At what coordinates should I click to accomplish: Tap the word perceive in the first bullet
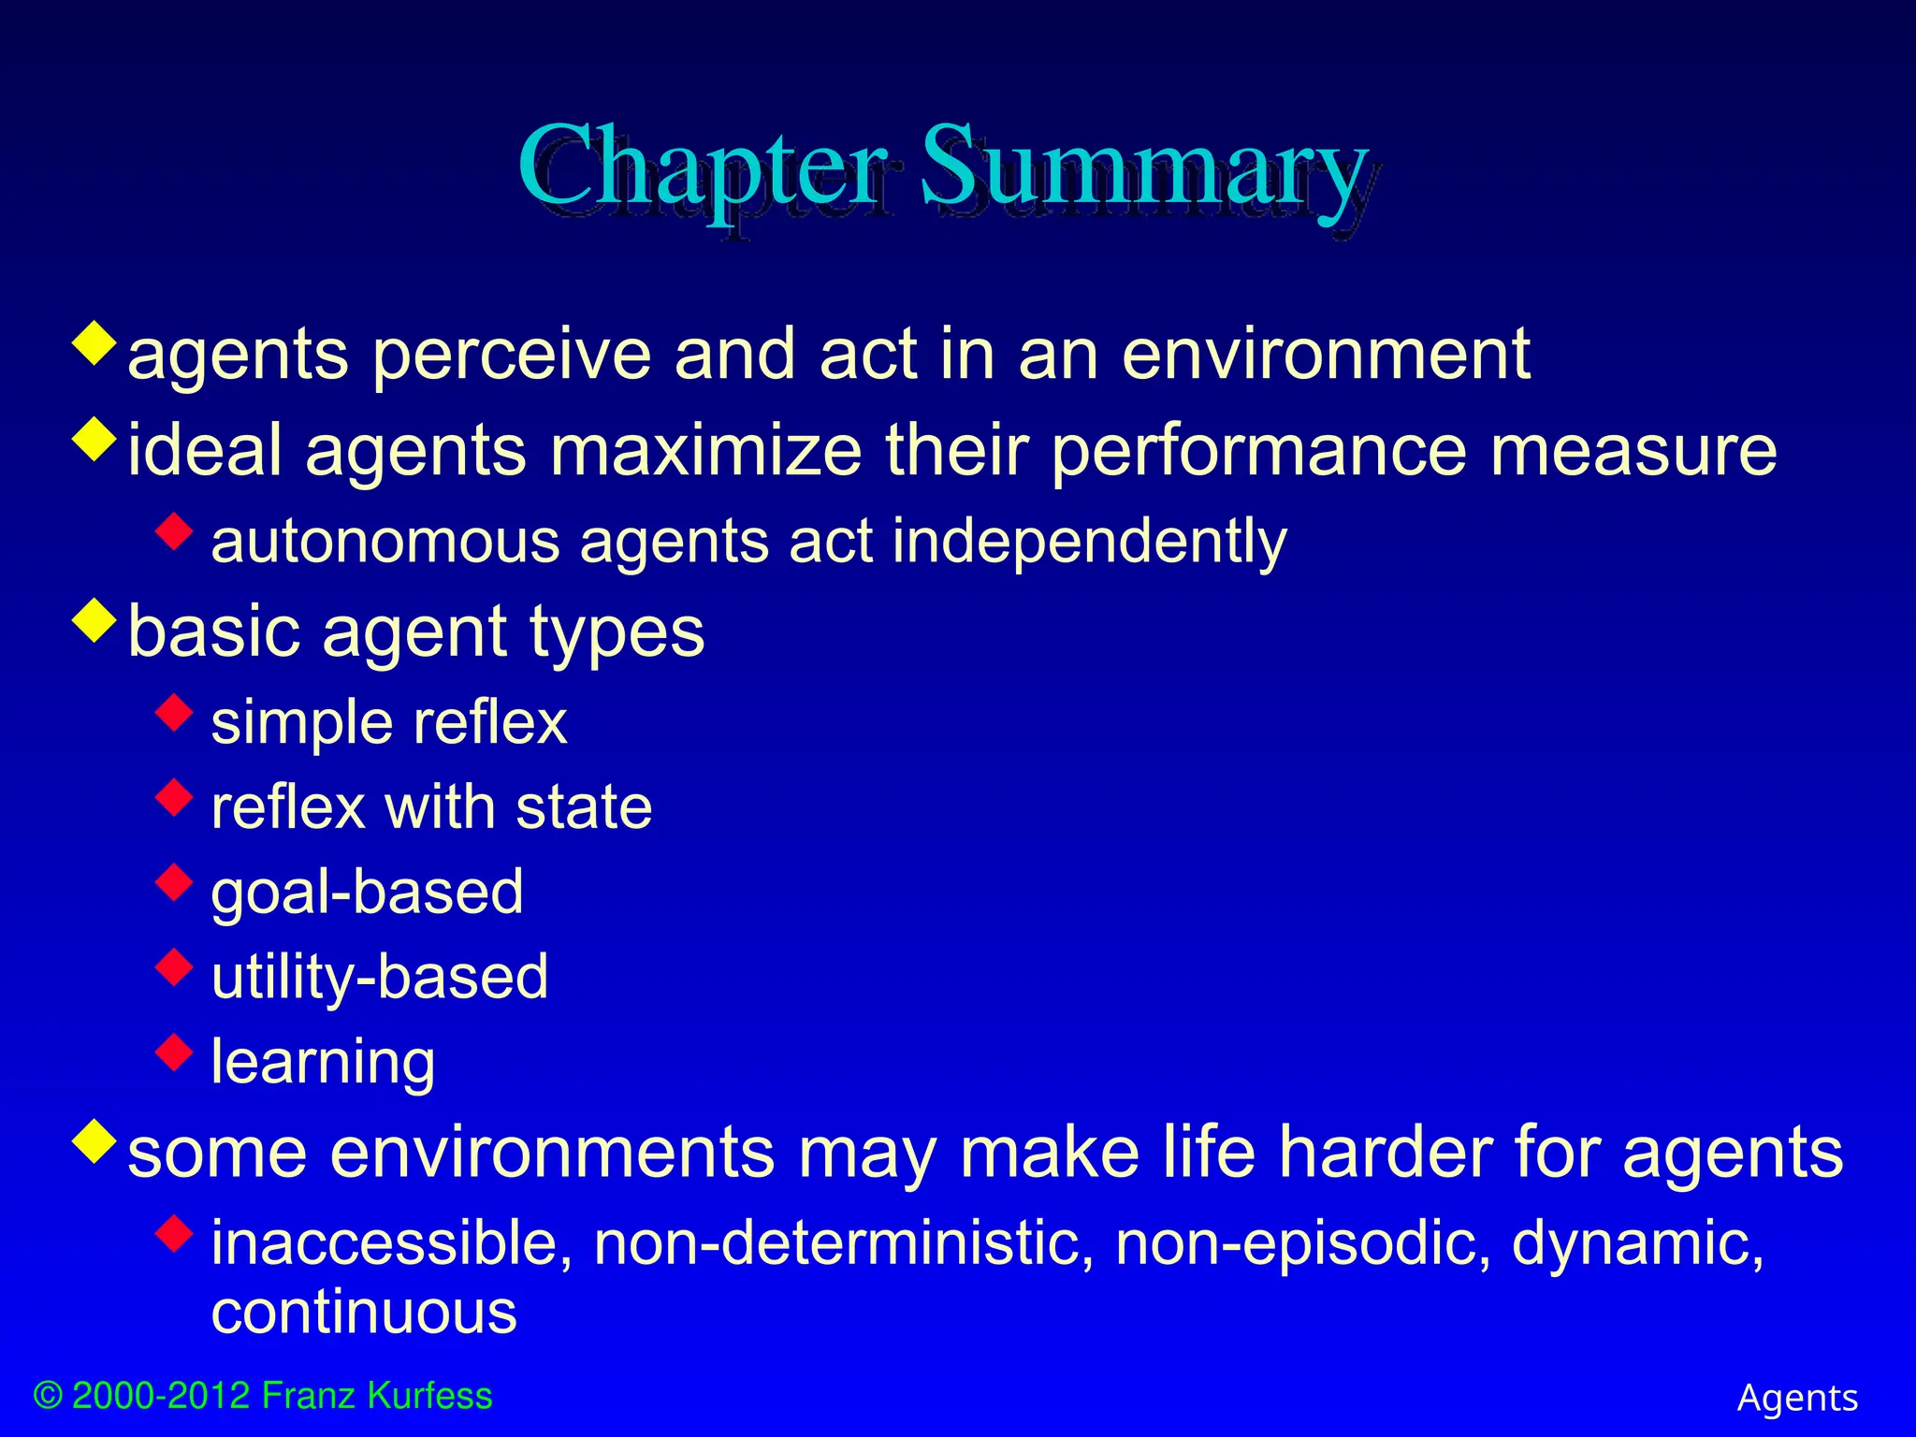tap(511, 356)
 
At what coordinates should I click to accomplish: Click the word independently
tap(1089, 543)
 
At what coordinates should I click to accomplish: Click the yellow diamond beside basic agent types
tap(94, 621)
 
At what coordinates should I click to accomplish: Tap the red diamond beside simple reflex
tap(174, 712)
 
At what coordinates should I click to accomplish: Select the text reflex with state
tap(431, 807)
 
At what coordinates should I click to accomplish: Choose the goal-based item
tap(367, 893)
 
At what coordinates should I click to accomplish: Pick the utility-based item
tap(379, 978)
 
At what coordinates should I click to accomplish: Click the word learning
tap(323, 1063)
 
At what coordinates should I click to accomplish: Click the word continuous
tap(364, 1313)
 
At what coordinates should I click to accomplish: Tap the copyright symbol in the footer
tap(48, 1397)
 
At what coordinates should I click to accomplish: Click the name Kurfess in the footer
tap(429, 1397)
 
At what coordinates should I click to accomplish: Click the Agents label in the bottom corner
tap(1797, 1399)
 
